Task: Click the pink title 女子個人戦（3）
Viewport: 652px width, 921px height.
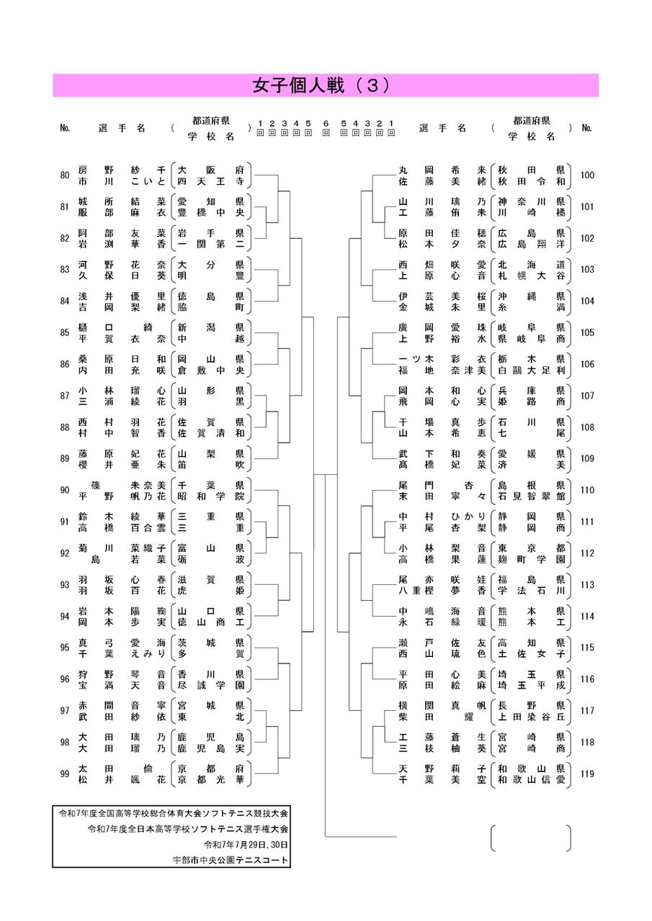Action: pyautogui.click(x=321, y=86)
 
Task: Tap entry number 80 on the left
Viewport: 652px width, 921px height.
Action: pyautogui.click(x=65, y=176)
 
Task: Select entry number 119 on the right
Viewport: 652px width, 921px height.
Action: pyautogui.click(x=587, y=774)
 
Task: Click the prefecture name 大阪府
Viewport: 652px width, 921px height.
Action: pyautogui.click(x=211, y=170)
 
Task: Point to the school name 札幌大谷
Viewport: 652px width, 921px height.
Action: pyautogui.click(x=532, y=276)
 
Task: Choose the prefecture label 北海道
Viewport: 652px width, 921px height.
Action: pyautogui.click(x=532, y=264)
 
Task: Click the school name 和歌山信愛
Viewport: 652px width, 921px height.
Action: pyautogui.click(x=532, y=780)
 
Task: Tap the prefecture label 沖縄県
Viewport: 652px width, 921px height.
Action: pyautogui.click(x=532, y=296)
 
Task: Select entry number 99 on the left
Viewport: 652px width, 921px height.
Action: pyautogui.click(x=65, y=774)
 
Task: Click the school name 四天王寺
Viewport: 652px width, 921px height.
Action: pyautogui.click(x=211, y=181)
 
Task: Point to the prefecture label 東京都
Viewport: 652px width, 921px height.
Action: pyautogui.click(x=532, y=548)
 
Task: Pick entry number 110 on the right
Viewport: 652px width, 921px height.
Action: pyautogui.click(x=587, y=490)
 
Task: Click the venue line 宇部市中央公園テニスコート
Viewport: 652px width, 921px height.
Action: pyautogui.click(x=230, y=860)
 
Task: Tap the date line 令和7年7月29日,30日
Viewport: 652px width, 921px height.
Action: pyautogui.click(x=246, y=845)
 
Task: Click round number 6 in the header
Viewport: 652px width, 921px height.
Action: pyautogui.click(x=326, y=123)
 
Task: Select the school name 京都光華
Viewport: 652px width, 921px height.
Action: pyautogui.click(x=211, y=780)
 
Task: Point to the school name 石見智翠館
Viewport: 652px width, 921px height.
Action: pyautogui.click(x=532, y=496)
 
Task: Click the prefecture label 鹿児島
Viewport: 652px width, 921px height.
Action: pyautogui.click(x=211, y=738)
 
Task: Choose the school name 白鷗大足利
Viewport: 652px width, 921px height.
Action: pyautogui.click(x=532, y=371)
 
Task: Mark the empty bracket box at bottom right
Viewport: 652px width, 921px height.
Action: pyautogui.click(x=531, y=838)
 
